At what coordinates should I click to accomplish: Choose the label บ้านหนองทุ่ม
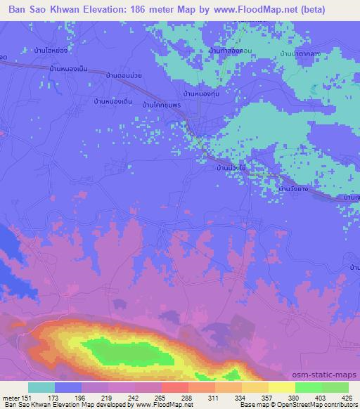click(x=202, y=93)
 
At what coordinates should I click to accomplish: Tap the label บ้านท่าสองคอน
click(x=231, y=51)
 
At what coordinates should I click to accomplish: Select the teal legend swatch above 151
click(x=41, y=387)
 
